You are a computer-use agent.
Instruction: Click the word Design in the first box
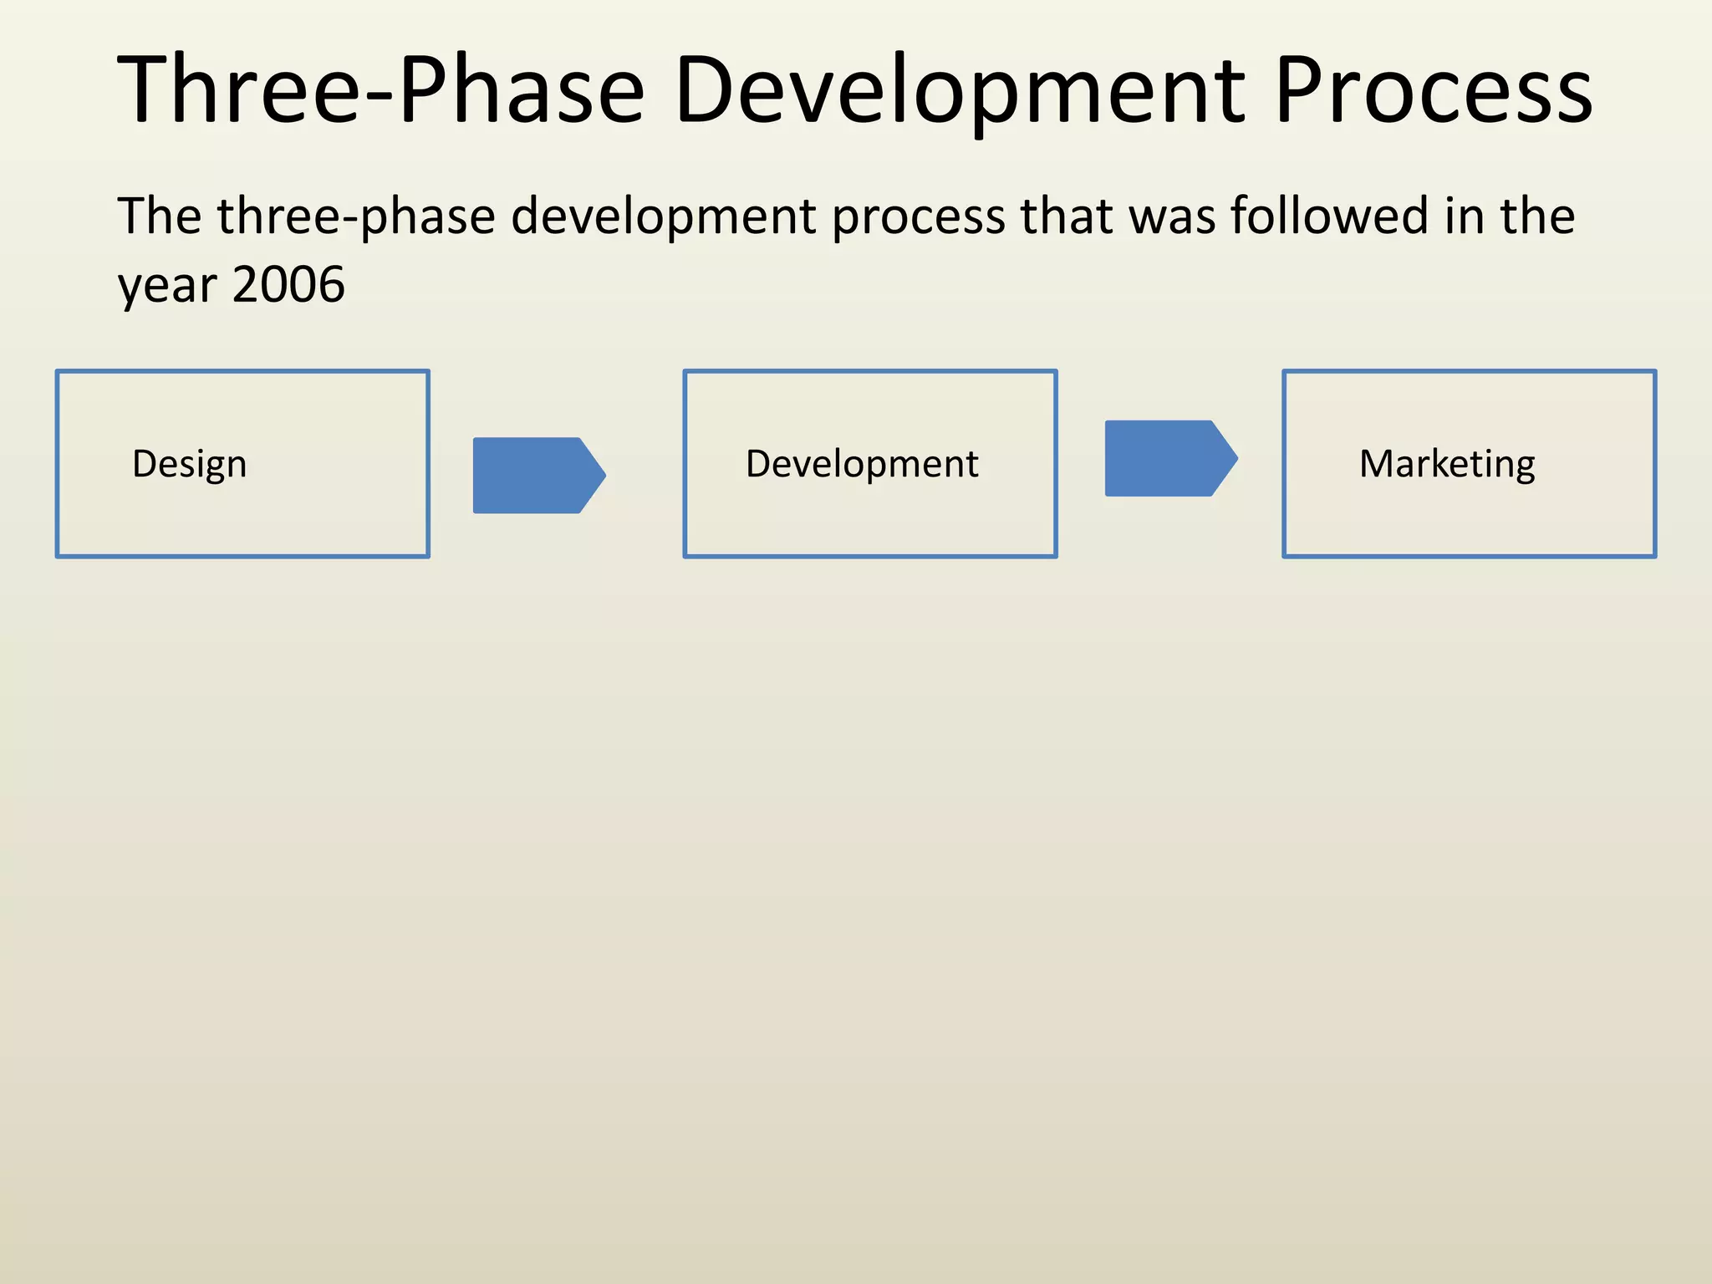pyautogui.click(x=190, y=464)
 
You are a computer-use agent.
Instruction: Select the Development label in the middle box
pyautogui.click(x=862, y=464)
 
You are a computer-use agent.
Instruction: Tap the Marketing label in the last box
pyautogui.click(x=1447, y=464)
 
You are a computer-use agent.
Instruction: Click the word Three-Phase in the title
pyautogui.click(x=380, y=90)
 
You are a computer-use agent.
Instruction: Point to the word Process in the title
pyautogui.click(x=1433, y=90)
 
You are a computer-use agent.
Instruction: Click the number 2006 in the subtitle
pyautogui.click(x=288, y=284)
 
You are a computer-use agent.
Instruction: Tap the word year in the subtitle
pyautogui.click(x=167, y=286)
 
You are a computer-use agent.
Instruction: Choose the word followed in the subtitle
pyautogui.click(x=1330, y=216)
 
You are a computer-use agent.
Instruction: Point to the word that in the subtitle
pyautogui.click(x=1066, y=216)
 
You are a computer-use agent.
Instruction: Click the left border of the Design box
pyautogui.click(x=57, y=464)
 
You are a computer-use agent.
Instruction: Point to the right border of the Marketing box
pyautogui.click(x=1654, y=464)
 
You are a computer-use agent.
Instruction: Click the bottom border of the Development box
pyautogui.click(x=869, y=556)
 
